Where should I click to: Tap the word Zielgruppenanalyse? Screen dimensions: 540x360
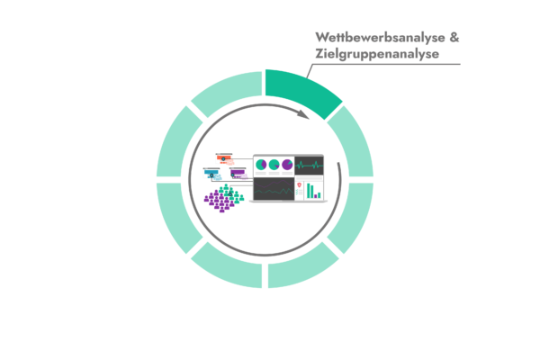tap(377, 54)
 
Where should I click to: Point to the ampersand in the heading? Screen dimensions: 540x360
tap(454, 37)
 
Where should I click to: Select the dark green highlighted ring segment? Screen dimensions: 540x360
tap(303, 91)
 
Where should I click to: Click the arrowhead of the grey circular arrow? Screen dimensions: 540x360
tap(303, 114)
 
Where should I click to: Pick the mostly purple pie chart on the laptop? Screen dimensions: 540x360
tap(287, 165)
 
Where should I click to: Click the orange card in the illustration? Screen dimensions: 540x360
tap(225, 158)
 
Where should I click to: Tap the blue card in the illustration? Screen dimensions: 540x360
tap(212, 174)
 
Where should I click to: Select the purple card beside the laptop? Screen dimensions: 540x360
tap(238, 174)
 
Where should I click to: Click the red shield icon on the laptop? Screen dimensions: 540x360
tap(300, 185)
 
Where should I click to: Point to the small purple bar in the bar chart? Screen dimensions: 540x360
tap(316, 196)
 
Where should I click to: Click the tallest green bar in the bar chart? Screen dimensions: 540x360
tap(309, 191)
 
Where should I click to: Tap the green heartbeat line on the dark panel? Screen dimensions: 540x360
tap(309, 166)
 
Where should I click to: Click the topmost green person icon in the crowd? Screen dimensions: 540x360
tap(226, 187)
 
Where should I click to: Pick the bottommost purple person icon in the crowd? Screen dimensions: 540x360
tap(221, 209)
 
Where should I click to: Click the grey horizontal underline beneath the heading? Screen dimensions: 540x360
tap(386, 64)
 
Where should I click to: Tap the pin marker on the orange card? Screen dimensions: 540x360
tap(223, 158)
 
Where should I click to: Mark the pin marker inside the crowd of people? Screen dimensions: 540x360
tap(230, 194)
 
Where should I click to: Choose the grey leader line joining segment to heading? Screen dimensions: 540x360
tap(310, 71)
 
